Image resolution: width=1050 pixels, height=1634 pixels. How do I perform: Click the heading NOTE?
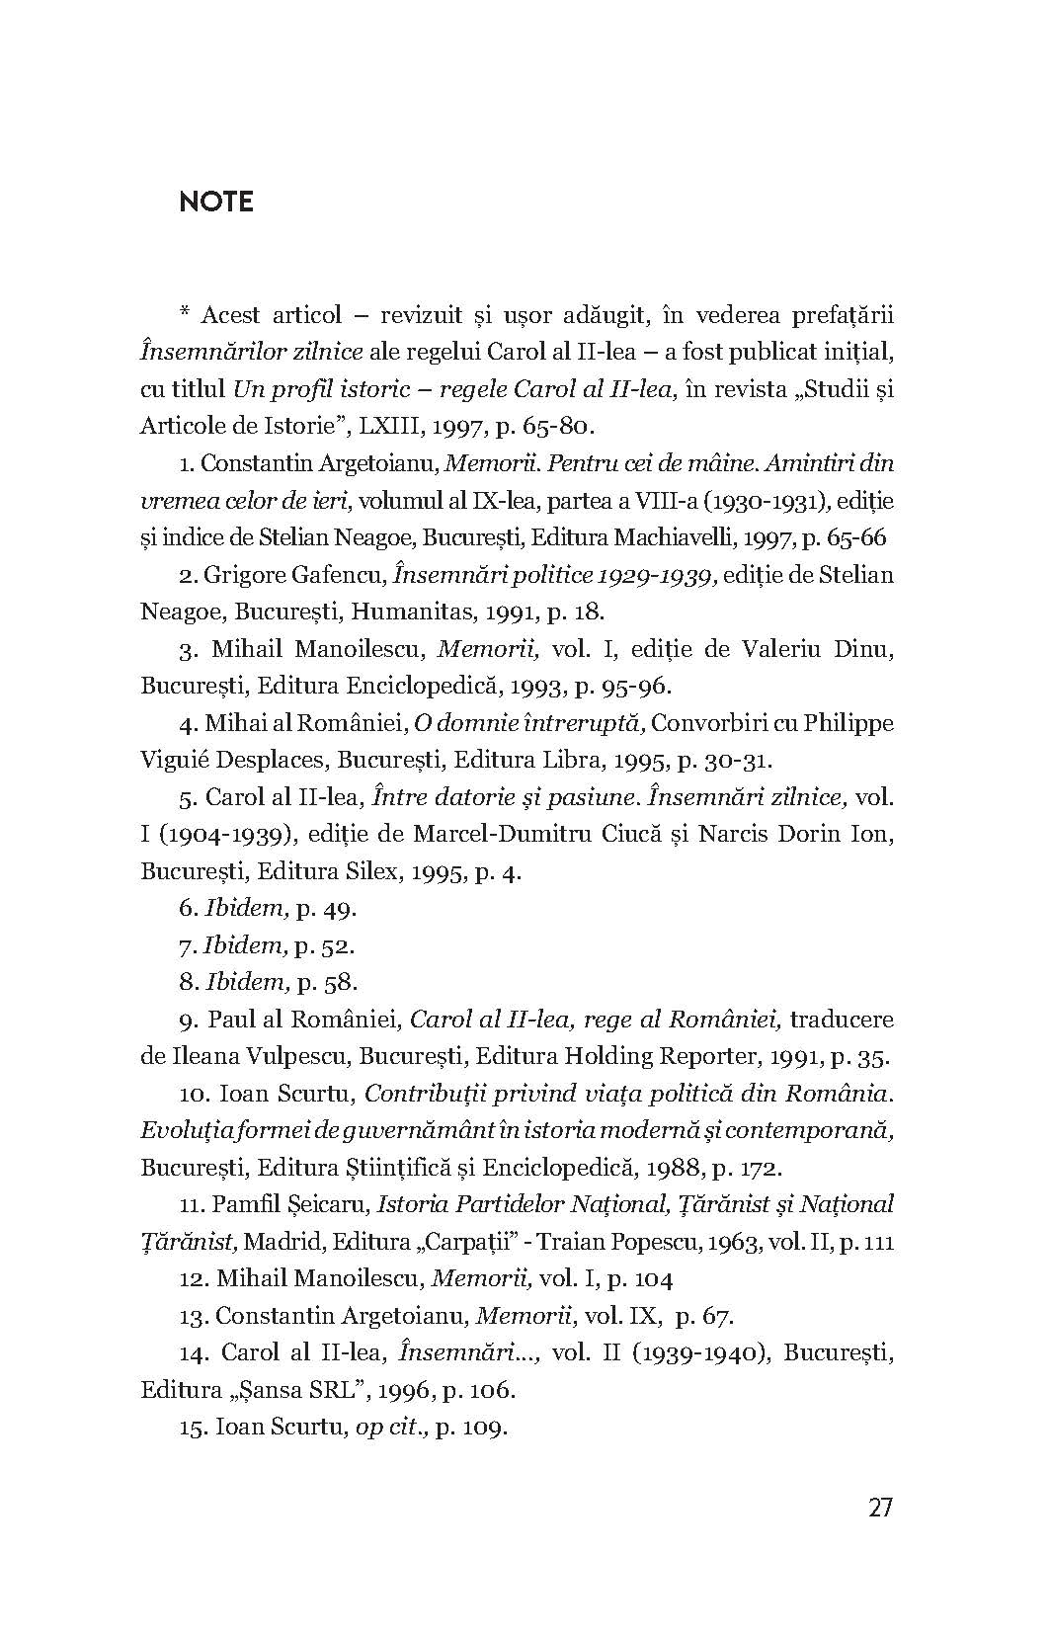click(216, 203)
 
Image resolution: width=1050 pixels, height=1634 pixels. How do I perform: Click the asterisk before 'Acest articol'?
click(185, 315)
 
